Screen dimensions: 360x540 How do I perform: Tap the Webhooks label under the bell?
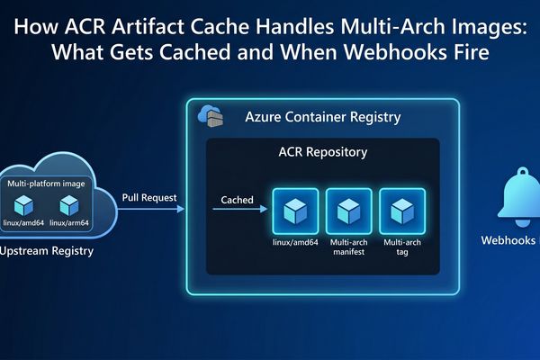tap(509, 240)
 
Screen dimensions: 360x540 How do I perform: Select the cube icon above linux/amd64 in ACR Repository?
tap(294, 211)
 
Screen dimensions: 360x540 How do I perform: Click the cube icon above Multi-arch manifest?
tap(347, 211)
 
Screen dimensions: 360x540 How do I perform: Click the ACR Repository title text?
tap(323, 152)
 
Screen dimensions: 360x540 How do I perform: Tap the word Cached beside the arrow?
tap(237, 200)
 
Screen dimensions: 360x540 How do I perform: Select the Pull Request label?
tap(148, 197)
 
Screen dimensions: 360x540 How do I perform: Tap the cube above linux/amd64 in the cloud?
tap(23, 204)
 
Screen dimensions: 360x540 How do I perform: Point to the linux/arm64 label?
tap(69, 222)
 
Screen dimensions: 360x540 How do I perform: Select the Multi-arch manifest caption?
tap(347, 248)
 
